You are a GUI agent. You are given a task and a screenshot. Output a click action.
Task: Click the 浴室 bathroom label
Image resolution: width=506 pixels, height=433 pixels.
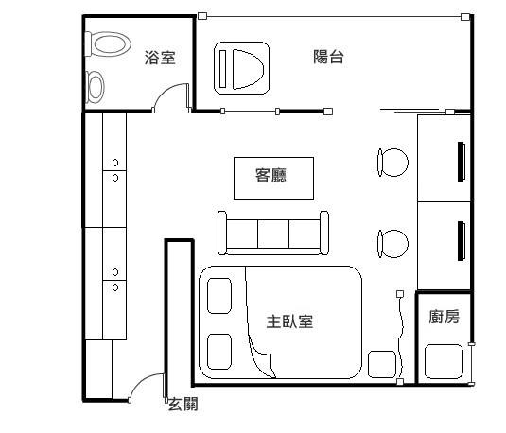point(160,58)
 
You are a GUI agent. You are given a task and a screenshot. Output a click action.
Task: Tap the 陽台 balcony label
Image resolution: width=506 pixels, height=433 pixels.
point(328,57)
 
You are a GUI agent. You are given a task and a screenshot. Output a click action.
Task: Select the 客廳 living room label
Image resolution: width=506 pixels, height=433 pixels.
point(270,175)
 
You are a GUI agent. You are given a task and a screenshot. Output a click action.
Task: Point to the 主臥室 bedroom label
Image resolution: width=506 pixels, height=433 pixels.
point(289,321)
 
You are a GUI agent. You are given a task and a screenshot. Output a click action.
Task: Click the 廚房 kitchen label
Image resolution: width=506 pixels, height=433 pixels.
point(444,317)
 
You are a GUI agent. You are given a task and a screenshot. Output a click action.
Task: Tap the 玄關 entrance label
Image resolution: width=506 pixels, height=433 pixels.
point(183,404)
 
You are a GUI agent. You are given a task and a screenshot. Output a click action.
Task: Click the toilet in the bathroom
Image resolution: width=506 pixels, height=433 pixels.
point(108,43)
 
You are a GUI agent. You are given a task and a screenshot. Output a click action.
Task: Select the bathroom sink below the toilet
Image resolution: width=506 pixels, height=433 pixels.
point(95,87)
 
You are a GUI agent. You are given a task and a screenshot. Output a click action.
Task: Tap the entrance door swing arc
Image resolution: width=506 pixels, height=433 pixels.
point(141,380)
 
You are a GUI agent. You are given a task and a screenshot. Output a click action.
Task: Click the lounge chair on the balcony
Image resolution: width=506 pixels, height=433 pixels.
point(242,68)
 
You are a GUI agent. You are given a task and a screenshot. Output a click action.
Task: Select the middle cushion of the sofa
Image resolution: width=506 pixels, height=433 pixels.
point(273,234)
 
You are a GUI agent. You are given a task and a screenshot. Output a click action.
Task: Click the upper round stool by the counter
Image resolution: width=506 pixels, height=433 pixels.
point(393,163)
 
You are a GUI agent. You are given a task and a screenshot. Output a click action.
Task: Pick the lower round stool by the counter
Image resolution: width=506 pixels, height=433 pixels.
point(393,244)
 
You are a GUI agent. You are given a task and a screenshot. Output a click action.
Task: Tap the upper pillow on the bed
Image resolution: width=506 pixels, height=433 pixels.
point(219,296)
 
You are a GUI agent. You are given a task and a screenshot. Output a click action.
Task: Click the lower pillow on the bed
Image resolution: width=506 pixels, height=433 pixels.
point(219,352)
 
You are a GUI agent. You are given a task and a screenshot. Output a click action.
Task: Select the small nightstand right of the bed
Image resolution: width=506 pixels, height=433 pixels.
point(382,364)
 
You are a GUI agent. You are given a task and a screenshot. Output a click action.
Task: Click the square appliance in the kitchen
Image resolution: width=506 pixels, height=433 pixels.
point(444,361)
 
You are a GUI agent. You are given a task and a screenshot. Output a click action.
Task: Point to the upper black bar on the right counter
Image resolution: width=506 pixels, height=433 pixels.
point(462,162)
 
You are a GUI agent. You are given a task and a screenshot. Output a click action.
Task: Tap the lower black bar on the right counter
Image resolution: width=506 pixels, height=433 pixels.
point(462,241)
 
